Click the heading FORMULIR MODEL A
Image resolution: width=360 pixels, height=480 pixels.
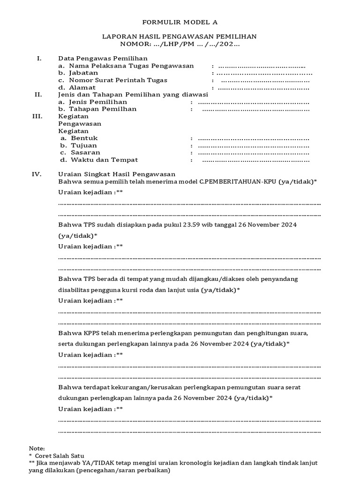coord(180,22)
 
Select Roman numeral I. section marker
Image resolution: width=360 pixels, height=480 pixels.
coord(39,59)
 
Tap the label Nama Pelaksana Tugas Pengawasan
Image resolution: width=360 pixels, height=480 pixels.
coord(126,66)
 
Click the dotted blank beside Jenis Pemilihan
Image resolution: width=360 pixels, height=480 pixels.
coord(253,102)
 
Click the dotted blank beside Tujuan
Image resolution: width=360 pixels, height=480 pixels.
coord(253,146)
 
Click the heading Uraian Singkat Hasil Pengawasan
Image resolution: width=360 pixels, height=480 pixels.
coord(117,174)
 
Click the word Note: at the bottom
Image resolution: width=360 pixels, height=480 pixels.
coord(37,449)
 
